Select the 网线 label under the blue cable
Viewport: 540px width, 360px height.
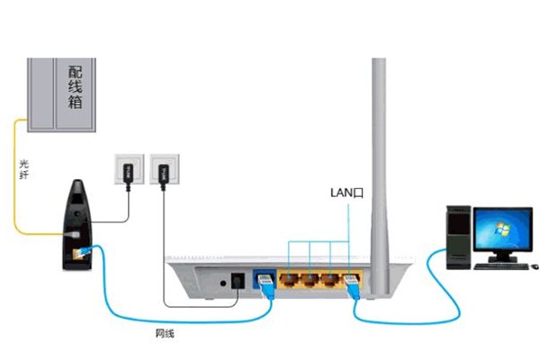(165, 333)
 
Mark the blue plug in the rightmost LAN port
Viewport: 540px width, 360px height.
(354, 287)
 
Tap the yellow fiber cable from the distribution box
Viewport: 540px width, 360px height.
(13, 180)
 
